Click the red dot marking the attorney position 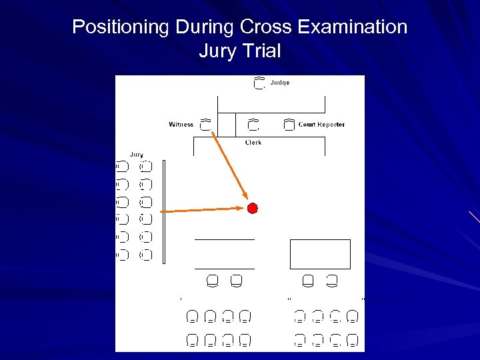pyautogui.click(x=252, y=209)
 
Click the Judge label pyautogui.click(x=279, y=83)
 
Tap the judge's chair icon pyautogui.click(x=259, y=83)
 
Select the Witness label pyautogui.click(x=181, y=124)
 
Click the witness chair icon pyautogui.click(x=205, y=124)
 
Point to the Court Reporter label pyautogui.click(x=321, y=124)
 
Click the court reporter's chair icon pyautogui.click(x=289, y=124)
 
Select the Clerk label pyautogui.click(x=253, y=142)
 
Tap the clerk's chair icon pyautogui.click(x=253, y=124)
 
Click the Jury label pyautogui.click(x=136, y=155)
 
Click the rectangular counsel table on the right pyautogui.click(x=320, y=254)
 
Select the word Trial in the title pyautogui.click(x=262, y=51)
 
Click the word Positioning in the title pyautogui.click(x=121, y=27)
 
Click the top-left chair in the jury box pyautogui.click(x=123, y=166)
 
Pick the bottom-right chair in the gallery pyautogui.click(x=353, y=340)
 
